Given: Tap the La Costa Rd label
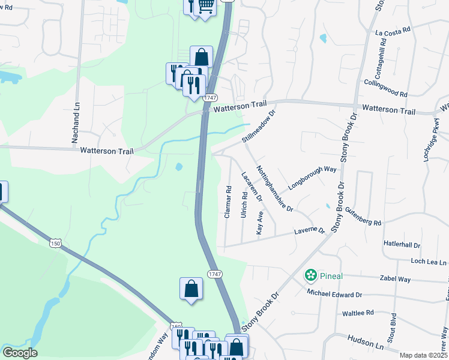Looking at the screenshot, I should point(393,31).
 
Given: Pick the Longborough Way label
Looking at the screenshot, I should point(312,178).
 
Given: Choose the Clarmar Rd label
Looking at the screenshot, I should point(228,202).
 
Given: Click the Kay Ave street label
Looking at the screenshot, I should point(260,223).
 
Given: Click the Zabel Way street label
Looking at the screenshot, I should point(396,279).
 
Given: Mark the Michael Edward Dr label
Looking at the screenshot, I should point(334,294).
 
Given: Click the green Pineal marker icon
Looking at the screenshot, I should point(311,275).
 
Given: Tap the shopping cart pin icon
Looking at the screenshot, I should point(205,6).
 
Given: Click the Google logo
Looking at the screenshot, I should point(19,353).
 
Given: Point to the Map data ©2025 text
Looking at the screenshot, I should point(423,355).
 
